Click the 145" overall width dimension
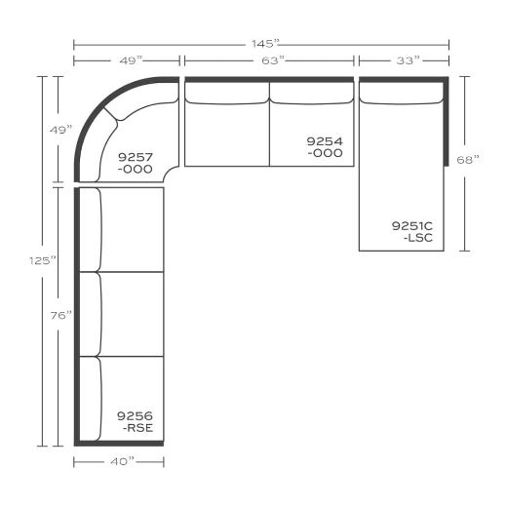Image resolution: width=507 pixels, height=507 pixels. (x=265, y=44)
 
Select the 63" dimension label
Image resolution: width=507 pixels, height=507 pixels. (x=273, y=60)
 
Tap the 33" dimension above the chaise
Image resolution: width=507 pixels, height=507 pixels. (x=408, y=60)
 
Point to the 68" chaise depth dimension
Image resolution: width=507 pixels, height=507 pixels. (x=468, y=160)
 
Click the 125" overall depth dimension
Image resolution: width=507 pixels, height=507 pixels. (x=43, y=260)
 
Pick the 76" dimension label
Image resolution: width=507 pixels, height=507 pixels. (x=60, y=315)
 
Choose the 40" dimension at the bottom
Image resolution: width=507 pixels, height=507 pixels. (x=122, y=461)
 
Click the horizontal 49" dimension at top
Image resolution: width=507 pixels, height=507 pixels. (x=131, y=60)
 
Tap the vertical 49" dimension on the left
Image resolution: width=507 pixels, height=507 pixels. (x=60, y=130)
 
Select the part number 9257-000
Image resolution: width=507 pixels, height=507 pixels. (x=135, y=163)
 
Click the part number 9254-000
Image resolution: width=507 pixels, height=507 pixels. (x=325, y=147)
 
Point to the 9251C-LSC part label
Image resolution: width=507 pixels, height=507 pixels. (x=412, y=232)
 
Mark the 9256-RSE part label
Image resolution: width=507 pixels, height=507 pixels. (x=135, y=421)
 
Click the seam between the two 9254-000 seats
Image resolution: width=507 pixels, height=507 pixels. (x=269, y=124)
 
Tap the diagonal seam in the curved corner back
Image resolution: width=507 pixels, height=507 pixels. (x=110, y=114)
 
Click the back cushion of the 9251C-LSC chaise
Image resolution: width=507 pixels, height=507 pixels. (x=402, y=94)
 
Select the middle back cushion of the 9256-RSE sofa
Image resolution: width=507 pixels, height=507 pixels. (x=91, y=314)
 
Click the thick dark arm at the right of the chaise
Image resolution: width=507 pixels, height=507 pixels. (x=447, y=121)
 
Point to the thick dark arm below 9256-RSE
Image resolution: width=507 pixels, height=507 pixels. (x=119, y=444)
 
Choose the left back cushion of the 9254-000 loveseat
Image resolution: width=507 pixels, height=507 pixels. (x=227, y=94)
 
